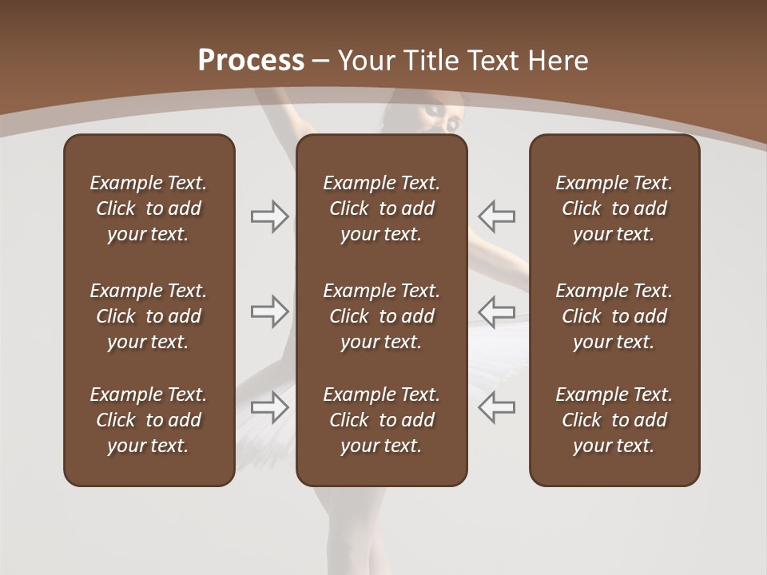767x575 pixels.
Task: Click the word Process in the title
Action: (251, 61)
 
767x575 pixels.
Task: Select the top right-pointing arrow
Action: (270, 216)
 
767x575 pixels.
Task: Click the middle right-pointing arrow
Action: (270, 311)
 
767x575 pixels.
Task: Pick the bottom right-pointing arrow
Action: (270, 407)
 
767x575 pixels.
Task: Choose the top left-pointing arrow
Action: (496, 216)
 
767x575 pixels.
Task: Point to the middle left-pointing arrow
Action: (496, 311)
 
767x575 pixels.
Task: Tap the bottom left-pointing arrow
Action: (496, 407)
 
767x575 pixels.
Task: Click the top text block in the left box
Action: (149, 208)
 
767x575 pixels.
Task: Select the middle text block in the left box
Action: (149, 316)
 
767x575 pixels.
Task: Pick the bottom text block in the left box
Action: (149, 420)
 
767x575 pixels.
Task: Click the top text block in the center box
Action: (382, 208)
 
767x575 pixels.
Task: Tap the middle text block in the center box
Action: (382, 316)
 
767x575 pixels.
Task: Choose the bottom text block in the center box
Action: (382, 420)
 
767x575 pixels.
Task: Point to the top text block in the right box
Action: (614, 208)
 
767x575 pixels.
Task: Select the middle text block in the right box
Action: (614, 316)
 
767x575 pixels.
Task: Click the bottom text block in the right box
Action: (614, 420)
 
